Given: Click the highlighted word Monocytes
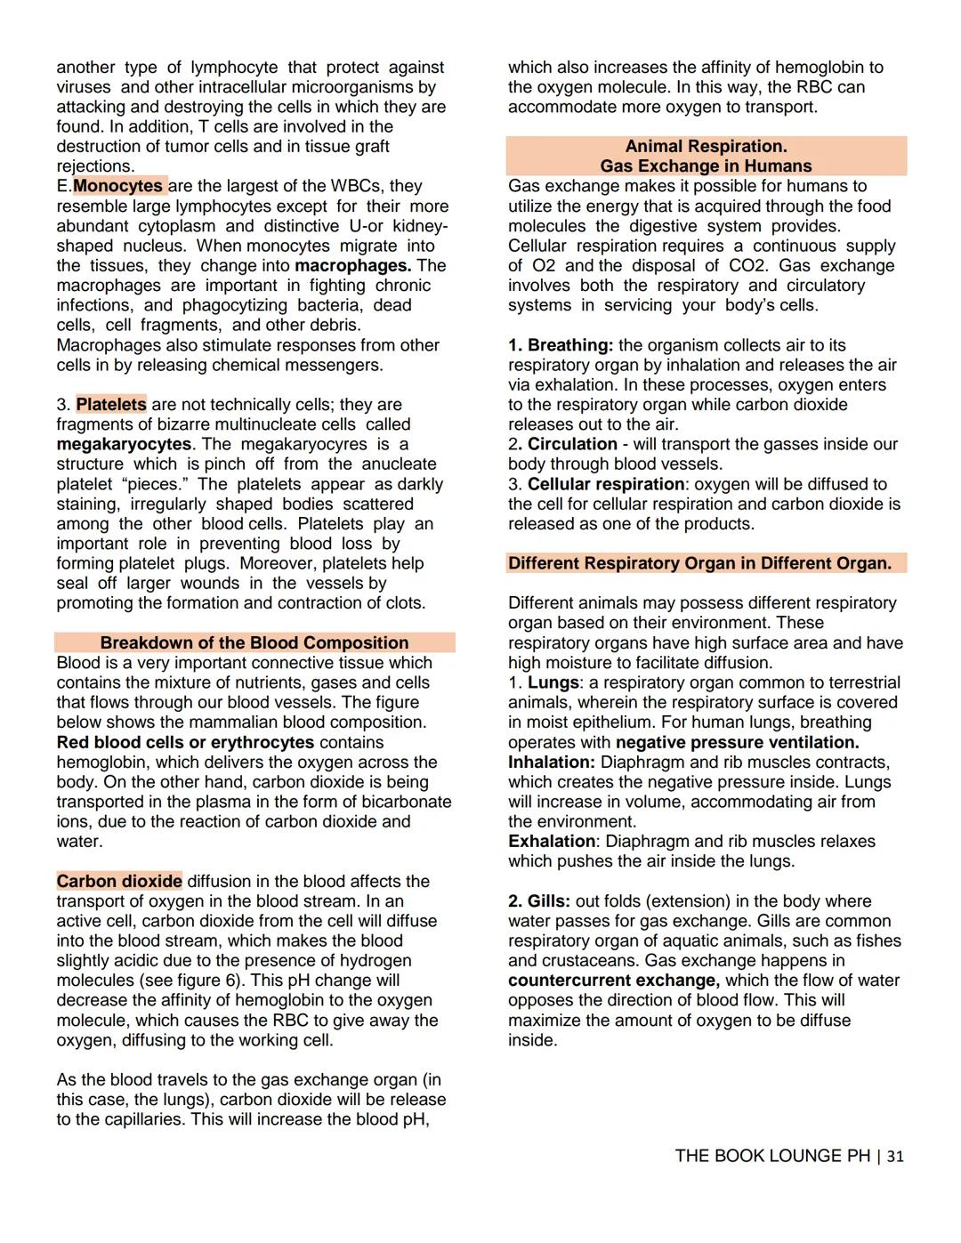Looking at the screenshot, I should click(118, 186).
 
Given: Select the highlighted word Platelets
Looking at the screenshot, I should click(111, 405).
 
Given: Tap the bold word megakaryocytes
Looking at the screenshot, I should click(124, 444).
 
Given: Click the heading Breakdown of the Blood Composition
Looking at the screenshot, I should click(254, 642).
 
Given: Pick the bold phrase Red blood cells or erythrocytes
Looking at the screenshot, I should click(185, 742).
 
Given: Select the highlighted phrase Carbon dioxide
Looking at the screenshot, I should click(119, 881).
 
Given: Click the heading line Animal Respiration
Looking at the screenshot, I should click(706, 146).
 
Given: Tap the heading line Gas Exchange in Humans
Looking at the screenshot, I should click(706, 166).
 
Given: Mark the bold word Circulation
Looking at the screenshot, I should click(572, 444).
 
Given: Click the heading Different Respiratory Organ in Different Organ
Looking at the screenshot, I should click(699, 563).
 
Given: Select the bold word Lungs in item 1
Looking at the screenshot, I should click(553, 682).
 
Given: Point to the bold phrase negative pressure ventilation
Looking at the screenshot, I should click(738, 742).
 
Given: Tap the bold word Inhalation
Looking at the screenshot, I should click(552, 763).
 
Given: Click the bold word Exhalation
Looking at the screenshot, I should click(552, 842).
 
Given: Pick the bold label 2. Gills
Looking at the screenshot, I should click(540, 901).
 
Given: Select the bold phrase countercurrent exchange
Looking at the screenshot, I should click(614, 981).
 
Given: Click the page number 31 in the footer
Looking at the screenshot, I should click(895, 1156).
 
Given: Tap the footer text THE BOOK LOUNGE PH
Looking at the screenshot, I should click(771, 1156).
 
